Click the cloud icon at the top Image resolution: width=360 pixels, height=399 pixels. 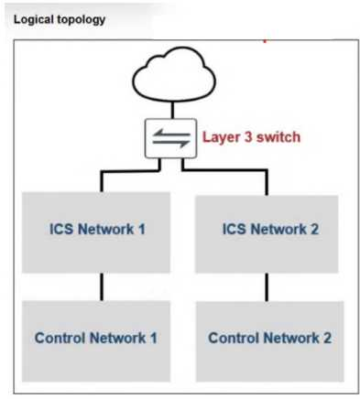click(174, 75)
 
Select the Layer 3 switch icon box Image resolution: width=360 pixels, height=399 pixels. click(170, 138)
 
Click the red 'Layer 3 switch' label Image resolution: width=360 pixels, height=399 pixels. click(251, 137)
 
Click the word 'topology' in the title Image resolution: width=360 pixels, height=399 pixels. click(82, 20)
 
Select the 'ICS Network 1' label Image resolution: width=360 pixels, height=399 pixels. click(97, 229)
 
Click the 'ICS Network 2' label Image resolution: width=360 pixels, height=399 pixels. click(270, 229)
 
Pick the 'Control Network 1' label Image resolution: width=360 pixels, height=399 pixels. click(96, 338)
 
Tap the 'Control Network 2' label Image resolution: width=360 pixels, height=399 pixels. click(269, 338)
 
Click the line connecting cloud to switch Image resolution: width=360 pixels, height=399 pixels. click(172, 110)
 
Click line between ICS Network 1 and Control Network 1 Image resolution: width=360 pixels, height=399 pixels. click(102, 286)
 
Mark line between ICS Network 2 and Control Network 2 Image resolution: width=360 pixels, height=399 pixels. click(267, 287)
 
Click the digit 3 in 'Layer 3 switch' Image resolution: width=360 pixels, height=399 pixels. click(248, 137)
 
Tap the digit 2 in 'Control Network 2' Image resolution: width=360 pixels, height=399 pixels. click(327, 338)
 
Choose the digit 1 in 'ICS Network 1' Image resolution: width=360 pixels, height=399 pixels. click(142, 229)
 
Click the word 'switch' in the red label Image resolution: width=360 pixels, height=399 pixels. click(278, 137)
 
